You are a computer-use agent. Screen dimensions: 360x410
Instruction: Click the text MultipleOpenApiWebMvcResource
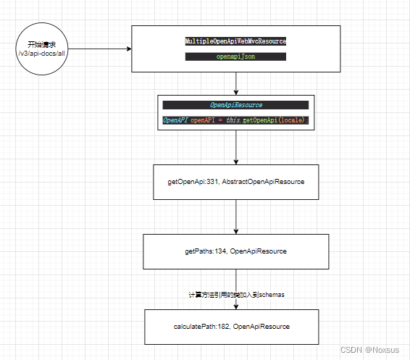click(x=236, y=42)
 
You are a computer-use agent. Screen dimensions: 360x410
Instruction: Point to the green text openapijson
click(x=236, y=56)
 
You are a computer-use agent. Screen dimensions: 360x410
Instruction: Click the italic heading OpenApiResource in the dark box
click(x=236, y=105)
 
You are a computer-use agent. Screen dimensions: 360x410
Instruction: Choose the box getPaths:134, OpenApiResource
click(x=236, y=251)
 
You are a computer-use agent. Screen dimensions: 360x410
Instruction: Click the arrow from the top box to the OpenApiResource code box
click(x=236, y=83)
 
